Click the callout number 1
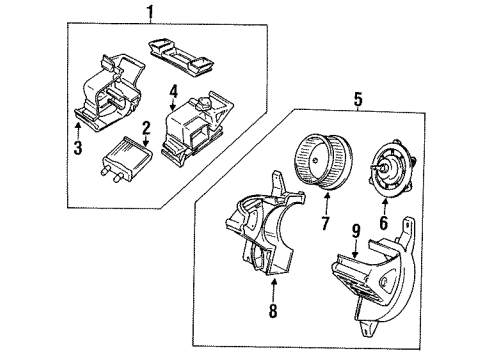pos(151,12)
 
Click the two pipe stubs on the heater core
pos(108,176)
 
